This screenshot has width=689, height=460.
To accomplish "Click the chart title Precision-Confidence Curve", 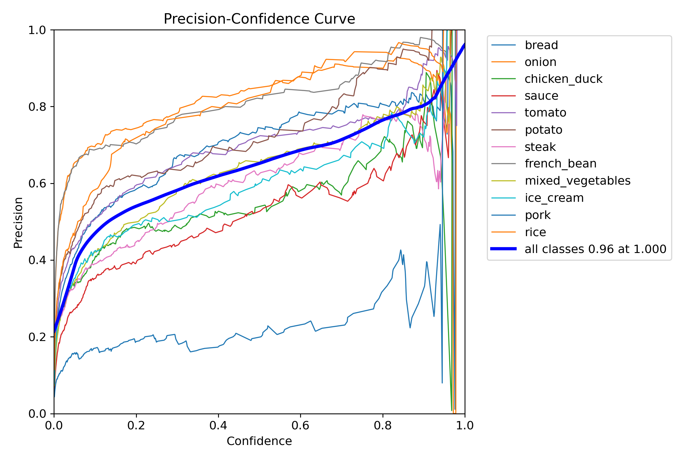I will pyautogui.click(x=259, y=19).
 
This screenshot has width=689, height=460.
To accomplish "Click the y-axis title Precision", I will pyautogui.click(x=18, y=222).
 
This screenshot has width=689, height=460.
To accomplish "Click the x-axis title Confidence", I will pyautogui.click(x=259, y=441).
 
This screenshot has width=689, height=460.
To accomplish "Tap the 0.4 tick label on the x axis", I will pyautogui.click(x=218, y=426).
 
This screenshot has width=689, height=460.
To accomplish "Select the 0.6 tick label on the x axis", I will pyautogui.click(x=300, y=426).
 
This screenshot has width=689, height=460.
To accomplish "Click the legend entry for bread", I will pyautogui.click(x=541, y=45).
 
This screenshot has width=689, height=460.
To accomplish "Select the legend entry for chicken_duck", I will pyautogui.click(x=563, y=79).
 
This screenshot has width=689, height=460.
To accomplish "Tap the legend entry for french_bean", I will pyautogui.click(x=560, y=163).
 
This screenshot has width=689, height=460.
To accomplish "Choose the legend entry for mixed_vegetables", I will pyautogui.click(x=577, y=181).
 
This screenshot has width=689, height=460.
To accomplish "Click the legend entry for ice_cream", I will pyautogui.click(x=554, y=198).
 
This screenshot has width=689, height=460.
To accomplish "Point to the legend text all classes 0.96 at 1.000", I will pyautogui.click(x=595, y=249).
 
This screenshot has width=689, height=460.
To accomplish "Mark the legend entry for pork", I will pyautogui.click(x=537, y=215).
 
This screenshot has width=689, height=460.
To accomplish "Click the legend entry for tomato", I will pyautogui.click(x=545, y=113).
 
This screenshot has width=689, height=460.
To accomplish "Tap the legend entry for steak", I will pyautogui.click(x=540, y=147).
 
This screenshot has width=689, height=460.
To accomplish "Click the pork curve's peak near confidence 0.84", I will pyautogui.click(x=401, y=250).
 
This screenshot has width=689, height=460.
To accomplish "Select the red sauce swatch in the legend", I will pyautogui.click(x=503, y=96).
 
